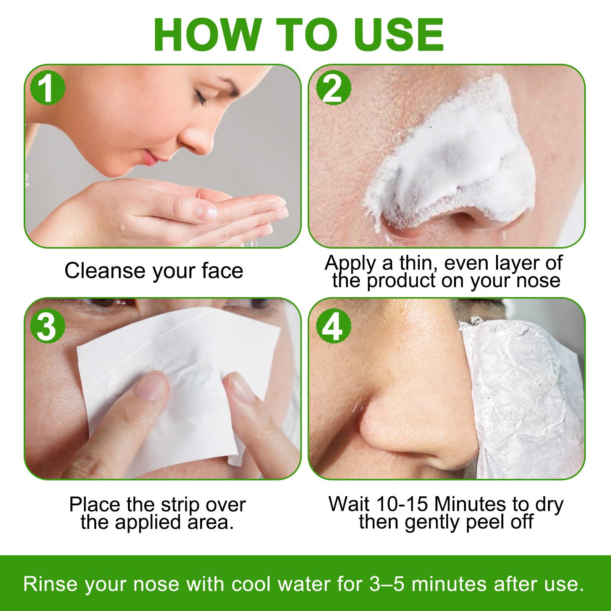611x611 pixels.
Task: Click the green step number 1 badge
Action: [47, 89]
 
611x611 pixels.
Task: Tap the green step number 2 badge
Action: [333, 89]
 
